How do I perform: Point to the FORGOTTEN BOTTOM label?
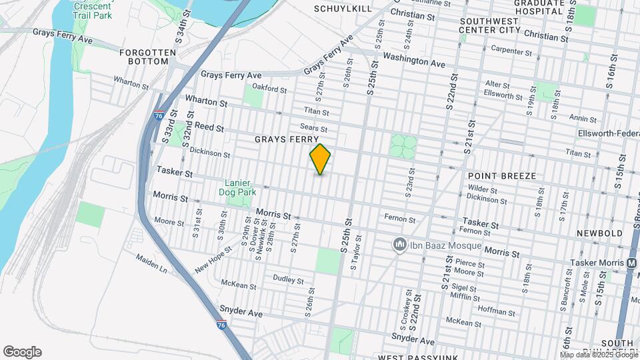147,57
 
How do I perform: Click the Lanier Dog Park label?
237,188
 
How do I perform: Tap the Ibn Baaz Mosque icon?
400,245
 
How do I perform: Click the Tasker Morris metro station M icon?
631,263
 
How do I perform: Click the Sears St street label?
314,127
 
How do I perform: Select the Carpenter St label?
511,50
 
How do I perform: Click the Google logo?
22,351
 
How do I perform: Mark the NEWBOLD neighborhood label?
605,233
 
